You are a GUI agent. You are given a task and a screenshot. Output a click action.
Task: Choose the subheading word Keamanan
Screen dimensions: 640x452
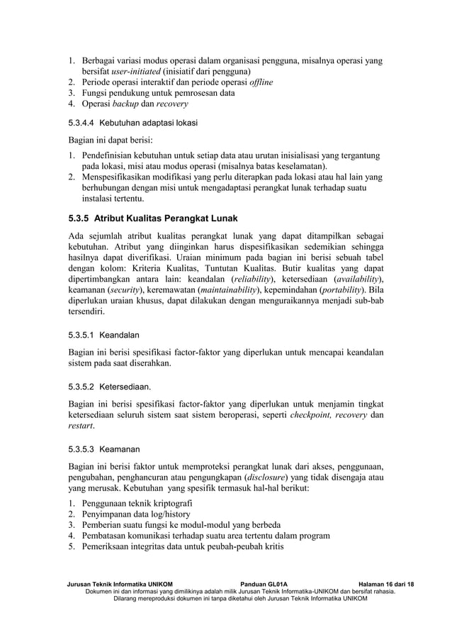[x=120, y=449]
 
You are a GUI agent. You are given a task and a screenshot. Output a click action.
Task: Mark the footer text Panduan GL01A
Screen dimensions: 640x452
[x=264, y=583]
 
